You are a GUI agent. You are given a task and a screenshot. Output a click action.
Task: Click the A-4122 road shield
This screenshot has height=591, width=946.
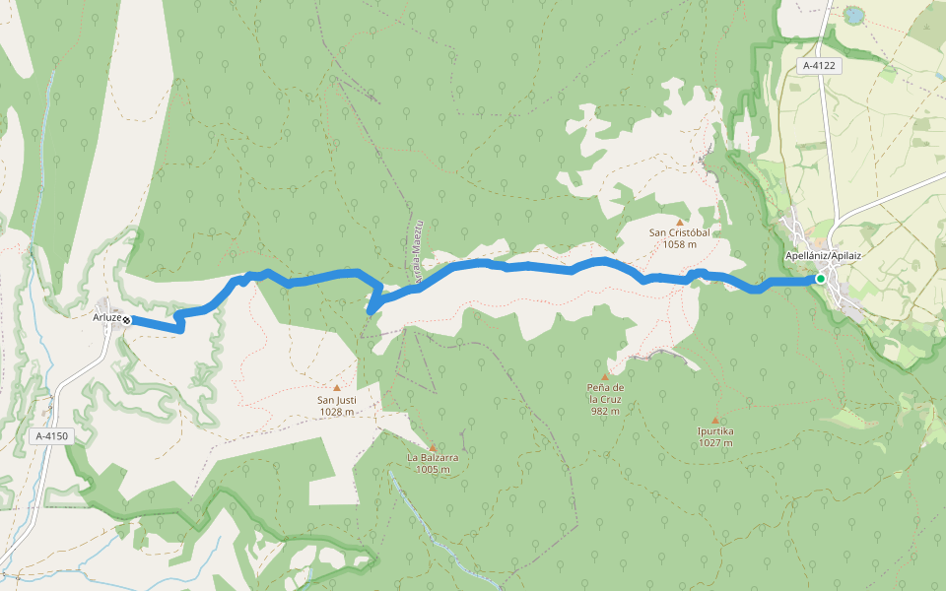coord(819,66)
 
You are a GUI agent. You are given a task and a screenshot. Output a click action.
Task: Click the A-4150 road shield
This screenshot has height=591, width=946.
coord(53,435)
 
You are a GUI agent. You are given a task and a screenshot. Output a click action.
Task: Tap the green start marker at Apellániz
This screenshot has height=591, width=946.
coord(820,279)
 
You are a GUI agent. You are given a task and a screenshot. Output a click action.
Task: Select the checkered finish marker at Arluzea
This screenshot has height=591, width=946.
coord(127,319)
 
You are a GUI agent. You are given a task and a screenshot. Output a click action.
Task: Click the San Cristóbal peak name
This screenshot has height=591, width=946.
coord(679,233)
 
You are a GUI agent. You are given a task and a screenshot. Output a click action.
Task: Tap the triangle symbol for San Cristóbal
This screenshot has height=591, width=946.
coord(679,222)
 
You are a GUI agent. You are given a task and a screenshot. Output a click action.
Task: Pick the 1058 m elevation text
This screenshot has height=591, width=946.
coord(679,245)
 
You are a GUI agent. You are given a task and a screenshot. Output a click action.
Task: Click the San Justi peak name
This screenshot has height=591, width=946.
coord(336,401)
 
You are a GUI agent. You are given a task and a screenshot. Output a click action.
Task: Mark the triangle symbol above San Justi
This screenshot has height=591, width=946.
coord(336,388)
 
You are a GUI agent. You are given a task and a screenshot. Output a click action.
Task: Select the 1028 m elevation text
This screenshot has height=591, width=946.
coord(336,413)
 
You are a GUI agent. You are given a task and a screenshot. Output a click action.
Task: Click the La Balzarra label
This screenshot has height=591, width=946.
coord(433,458)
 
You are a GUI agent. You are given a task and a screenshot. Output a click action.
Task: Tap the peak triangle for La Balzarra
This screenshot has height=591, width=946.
coord(432,446)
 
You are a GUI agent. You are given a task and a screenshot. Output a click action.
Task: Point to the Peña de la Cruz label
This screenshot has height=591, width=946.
coord(605,393)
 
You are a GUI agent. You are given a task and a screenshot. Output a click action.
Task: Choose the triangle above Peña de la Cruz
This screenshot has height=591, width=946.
coord(605,375)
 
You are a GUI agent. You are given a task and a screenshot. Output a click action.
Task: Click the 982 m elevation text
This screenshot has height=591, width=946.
coord(605,412)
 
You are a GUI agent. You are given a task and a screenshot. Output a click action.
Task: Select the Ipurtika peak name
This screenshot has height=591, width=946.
coord(714,431)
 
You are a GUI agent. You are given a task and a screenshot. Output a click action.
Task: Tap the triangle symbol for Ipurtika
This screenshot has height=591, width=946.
coord(714,420)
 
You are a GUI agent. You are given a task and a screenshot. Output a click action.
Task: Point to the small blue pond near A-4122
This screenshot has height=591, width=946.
coord(850,15)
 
